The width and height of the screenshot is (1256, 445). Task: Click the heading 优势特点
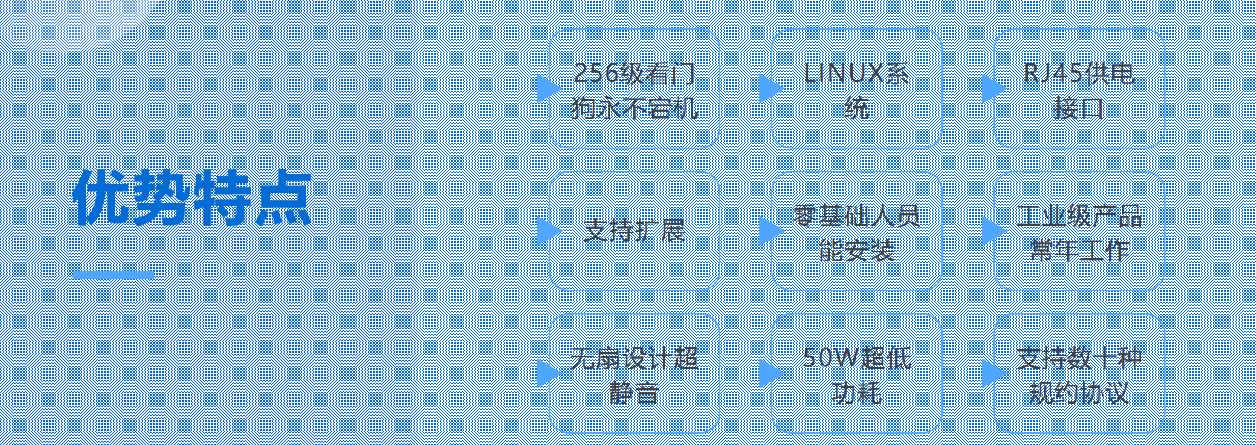192,198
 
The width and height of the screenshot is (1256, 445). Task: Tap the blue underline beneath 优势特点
113,275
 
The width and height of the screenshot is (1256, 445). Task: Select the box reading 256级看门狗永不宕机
634,89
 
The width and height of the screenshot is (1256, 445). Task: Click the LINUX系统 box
856,89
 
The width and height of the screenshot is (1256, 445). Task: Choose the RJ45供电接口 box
1078,89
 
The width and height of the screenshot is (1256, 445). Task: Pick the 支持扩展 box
634,231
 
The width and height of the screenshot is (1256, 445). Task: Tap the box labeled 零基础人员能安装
856,231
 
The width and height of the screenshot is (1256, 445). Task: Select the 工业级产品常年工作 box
1078,231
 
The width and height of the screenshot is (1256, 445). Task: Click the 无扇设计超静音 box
634,373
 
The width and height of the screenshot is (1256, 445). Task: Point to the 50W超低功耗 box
856,373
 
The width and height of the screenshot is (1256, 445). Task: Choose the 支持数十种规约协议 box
1078,373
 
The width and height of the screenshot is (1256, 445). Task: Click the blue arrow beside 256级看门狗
547,89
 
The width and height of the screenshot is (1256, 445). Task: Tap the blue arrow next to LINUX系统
769,89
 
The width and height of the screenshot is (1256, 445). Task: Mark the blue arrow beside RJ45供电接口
992,89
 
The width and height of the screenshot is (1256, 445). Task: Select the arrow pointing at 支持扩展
547,231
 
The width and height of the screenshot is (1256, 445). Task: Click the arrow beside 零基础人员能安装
769,231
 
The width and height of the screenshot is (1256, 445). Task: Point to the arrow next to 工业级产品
992,231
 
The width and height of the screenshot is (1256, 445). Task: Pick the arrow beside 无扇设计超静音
547,373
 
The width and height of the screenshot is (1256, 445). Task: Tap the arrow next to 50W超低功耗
769,373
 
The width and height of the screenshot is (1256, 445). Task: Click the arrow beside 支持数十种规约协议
992,373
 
